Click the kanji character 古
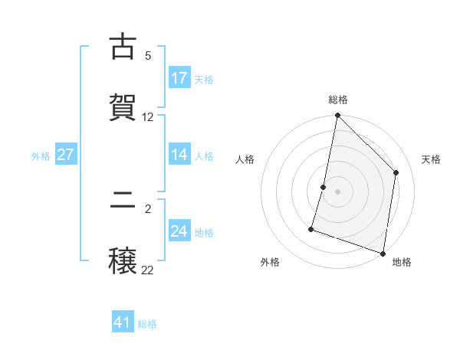click(x=123, y=47)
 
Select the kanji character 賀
click(x=123, y=107)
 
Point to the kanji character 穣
click(x=123, y=261)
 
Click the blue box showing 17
click(x=179, y=78)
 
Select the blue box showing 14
click(x=179, y=155)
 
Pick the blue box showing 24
click(x=179, y=231)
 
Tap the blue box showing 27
click(x=65, y=155)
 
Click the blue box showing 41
click(x=123, y=322)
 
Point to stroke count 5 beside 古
click(x=148, y=56)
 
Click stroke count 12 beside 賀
click(x=148, y=117)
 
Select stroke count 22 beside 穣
click(x=148, y=270)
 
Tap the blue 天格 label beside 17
click(x=204, y=80)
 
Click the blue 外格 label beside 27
click(x=41, y=156)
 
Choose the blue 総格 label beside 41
click(x=147, y=324)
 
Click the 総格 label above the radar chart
click(x=338, y=100)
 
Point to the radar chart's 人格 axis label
click(x=245, y=159)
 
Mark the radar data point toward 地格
click(x=383, y=253)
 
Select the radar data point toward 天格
click(x=396, y=172)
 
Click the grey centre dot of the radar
click(x=338, y=191)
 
